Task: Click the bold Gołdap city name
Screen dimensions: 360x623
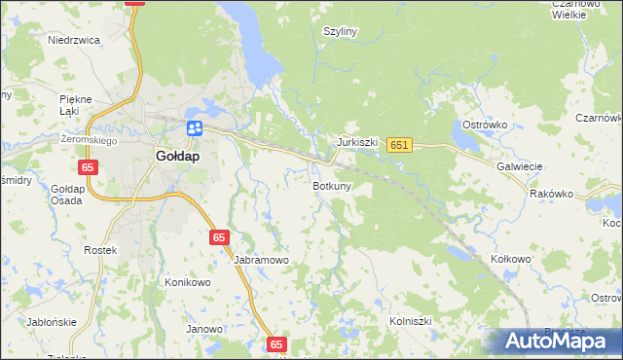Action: (x=177, y=156)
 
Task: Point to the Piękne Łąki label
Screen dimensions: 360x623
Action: (x=75, y=105)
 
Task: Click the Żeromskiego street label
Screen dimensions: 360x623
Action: (x=89, y=140)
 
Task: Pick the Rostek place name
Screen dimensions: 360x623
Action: (x=100, y=250)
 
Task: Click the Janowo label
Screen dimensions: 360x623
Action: (x=204, y=329)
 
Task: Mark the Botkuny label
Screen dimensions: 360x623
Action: (x=332, y=185)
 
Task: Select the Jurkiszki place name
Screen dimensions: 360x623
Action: (x=357, y=141)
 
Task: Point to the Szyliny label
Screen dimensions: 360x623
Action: (x=341, y=31)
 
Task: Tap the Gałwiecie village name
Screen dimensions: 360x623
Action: (x=519, y=166)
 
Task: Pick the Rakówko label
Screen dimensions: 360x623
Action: (x=552, y=194)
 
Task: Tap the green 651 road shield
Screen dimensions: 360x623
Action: (x=399, y=145)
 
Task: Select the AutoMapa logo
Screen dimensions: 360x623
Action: (x=554, y=342)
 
